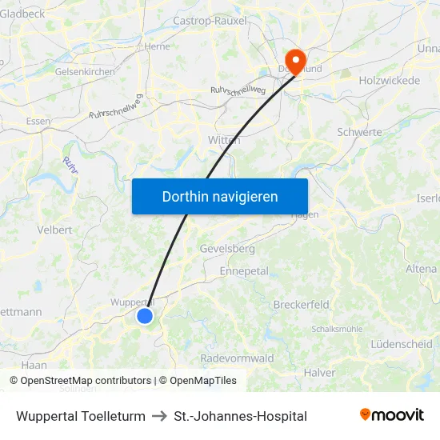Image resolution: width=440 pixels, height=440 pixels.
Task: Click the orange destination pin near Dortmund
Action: [296, 61]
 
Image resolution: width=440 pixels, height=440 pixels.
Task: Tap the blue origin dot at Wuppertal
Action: [145, 316]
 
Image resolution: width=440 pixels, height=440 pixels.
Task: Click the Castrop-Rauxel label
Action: [210, 21]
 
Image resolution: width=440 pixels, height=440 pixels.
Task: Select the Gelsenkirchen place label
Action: [84, 71]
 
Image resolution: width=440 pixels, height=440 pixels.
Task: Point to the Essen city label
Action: [38, 121]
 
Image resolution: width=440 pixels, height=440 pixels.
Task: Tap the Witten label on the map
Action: [224, 140]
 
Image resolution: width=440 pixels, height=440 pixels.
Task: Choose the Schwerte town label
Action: [360, 132]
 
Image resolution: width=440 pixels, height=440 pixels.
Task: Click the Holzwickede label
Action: [390, 81]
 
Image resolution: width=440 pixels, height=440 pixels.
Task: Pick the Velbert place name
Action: [55, 230]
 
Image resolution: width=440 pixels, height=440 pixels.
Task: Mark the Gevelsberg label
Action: [227, 249]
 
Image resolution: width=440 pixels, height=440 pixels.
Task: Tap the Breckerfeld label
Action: [302, 305]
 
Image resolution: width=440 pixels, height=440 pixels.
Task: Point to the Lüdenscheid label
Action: [402, 344]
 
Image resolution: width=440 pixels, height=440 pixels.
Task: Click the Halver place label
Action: [320, 373]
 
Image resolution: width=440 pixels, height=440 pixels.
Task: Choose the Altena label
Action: [422, 269]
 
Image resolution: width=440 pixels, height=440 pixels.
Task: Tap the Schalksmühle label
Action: [337, 329]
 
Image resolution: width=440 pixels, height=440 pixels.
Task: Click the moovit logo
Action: [392, 415]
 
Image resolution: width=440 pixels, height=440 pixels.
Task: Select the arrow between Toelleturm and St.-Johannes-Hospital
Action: [159, 416]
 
